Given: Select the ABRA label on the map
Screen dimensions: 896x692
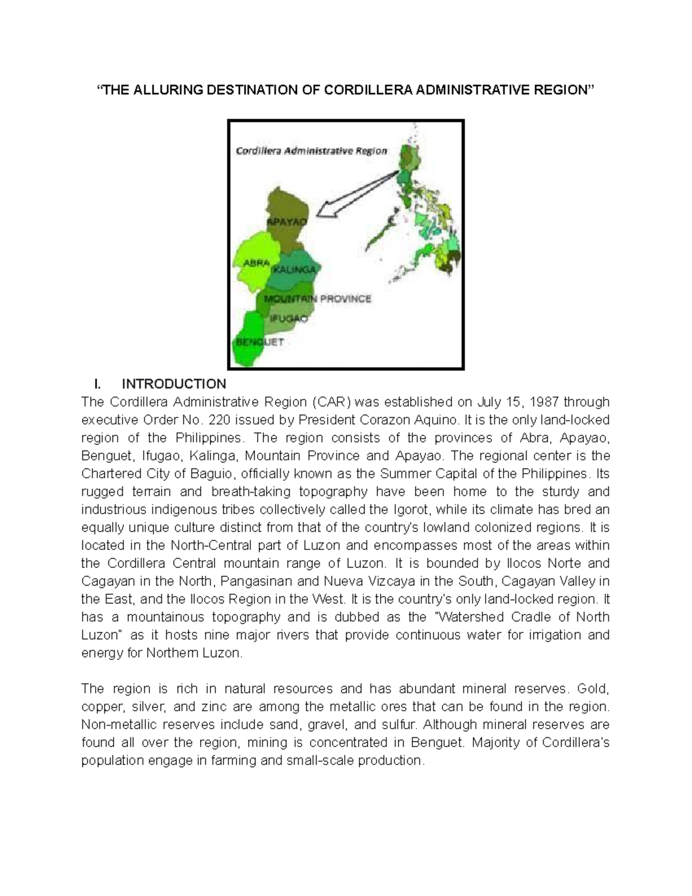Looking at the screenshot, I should click(x=257, y=263).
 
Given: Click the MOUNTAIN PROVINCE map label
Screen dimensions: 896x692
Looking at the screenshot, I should click(x=318, y=299).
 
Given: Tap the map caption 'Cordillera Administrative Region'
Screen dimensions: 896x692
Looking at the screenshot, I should click(x=311, y=151).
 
